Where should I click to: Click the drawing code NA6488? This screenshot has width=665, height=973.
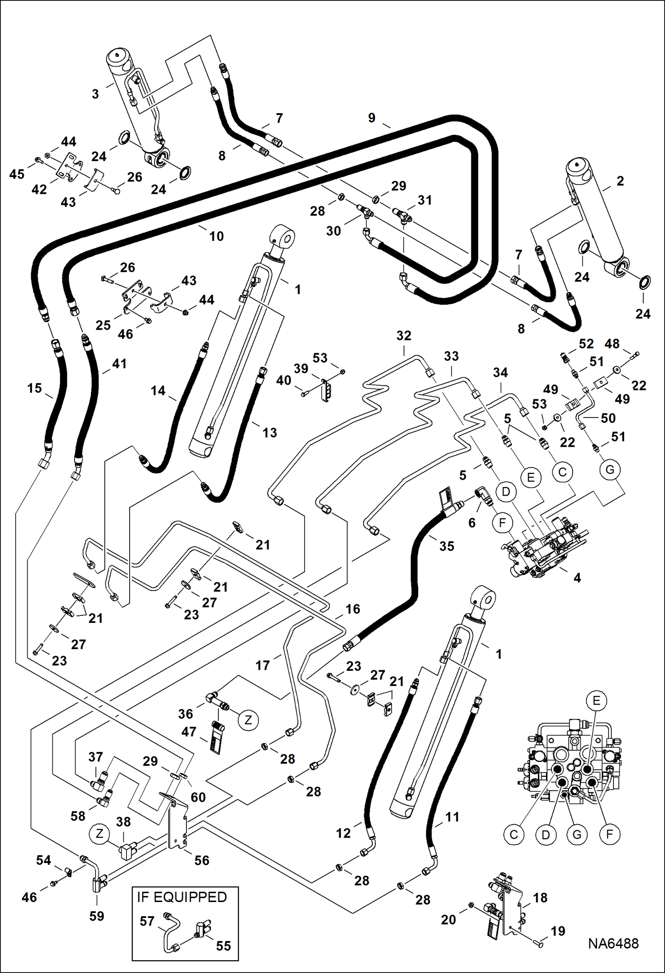pos(613,943)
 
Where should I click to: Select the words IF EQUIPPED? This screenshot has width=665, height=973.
pos(182,897)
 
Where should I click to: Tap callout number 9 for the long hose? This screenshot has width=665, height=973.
pos(372,118)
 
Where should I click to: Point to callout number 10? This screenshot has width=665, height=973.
pos(216,236)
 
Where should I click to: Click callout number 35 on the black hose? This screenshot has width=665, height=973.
pos(447,546)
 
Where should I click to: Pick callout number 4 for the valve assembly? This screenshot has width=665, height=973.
pos(577,578)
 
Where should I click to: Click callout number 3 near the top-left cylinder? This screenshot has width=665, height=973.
pos(95,94)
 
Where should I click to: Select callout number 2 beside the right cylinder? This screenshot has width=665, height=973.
pos(620,181)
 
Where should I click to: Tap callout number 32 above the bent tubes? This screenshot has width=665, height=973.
pos(404,335)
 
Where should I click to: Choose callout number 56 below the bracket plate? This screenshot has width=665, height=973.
pos(202,860)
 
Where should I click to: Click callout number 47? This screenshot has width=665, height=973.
pos(189,731)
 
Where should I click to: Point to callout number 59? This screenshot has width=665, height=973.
pos(96,916)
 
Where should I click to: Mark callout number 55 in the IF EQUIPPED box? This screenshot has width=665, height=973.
pos(223,945)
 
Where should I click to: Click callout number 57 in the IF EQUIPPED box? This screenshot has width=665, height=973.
pos(147,921)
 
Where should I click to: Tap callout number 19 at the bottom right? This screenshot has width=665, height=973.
pos(558,931)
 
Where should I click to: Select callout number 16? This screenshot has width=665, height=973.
pos(352,609)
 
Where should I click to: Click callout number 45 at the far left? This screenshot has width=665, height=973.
pos(17,174)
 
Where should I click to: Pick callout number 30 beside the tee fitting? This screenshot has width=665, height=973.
pos(333,231)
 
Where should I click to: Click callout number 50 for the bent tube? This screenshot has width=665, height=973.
pos(608,418)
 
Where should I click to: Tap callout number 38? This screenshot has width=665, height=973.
pos(123,822)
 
